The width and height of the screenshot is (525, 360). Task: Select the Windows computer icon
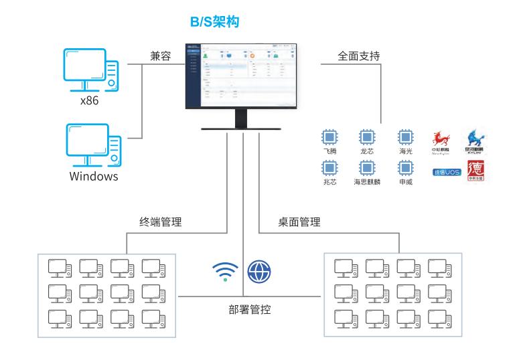click(93, 144)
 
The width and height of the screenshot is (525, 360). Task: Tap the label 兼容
click(161, 57)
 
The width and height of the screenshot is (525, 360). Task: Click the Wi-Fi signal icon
click(220, 271)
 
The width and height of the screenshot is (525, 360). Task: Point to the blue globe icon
click(258, 271)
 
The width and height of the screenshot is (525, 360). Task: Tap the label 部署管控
click(250, 309)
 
